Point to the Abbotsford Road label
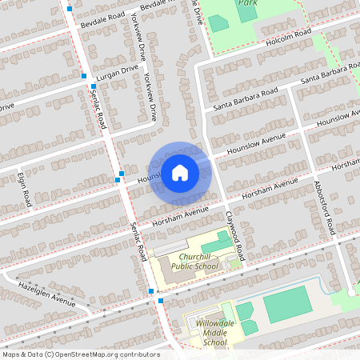coord(323,206)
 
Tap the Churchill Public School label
coord(188,261)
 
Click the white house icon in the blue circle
coord(180,172)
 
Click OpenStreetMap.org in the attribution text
coord(87,354)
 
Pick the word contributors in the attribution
coord(136,354)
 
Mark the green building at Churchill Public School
coord(214,241)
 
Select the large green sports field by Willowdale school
coord(286,305)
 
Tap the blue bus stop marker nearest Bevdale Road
coord(70,9)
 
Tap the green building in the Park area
coord(218,23)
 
